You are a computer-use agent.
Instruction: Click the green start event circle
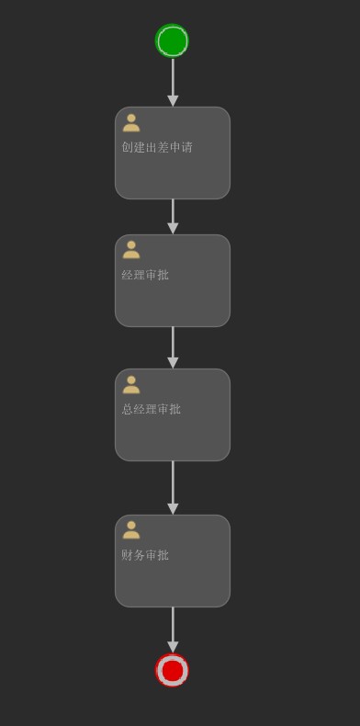point(172,41)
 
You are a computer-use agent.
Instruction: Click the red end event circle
point(172,671)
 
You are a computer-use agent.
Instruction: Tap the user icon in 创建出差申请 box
point(131,123)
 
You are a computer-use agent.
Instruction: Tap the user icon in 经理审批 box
point(131,250)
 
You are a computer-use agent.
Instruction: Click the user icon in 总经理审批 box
point(131,384)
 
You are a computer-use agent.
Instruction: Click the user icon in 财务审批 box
point(131,530)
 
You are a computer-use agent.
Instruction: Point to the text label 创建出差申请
point(157,147)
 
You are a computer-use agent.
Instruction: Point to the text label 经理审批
point(145,275)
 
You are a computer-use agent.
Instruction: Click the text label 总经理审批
point(152,409)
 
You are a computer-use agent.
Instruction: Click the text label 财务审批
point(145,555)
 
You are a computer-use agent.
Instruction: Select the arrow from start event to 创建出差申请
point(173,78)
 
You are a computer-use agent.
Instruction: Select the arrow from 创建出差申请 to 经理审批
point(173,212)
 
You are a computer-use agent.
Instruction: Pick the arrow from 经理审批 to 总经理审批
point(173,343)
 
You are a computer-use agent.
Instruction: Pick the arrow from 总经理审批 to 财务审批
point(173,482)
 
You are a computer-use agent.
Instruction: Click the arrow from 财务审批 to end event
point(173,625)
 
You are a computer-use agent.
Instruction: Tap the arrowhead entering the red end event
point(173,647)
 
